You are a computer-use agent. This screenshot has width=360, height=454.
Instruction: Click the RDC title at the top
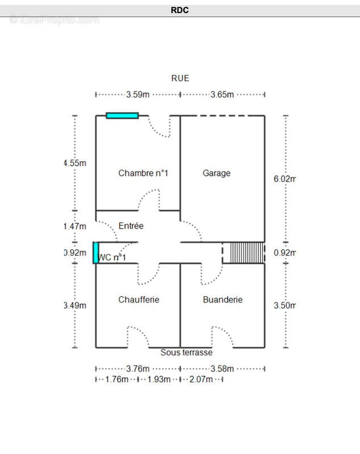tap(179, 10)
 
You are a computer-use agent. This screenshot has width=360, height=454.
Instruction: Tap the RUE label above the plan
tap(180, 78)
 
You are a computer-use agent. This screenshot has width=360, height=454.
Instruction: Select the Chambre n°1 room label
tap(143, 173)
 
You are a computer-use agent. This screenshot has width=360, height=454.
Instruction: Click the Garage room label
tap(217, 173)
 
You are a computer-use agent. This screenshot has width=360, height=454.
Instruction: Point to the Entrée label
tap(131, 226)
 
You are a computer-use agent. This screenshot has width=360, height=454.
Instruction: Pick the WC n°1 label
tap(112, 258)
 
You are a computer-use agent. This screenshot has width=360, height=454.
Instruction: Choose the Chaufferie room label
tap(139, 299)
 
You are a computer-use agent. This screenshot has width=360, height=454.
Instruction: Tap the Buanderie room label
tap(223, 299)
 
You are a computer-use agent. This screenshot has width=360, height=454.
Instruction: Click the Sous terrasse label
tap(186, 352)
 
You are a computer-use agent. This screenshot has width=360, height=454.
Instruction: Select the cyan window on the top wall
tap(122, 116)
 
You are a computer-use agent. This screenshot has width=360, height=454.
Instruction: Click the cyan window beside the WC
tap(96, 253)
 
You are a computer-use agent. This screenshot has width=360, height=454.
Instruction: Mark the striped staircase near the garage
tap(244, 253)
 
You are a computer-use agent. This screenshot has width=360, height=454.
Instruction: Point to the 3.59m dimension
tap(138, 95)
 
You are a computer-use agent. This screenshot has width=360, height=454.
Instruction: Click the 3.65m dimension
tap(222, 95)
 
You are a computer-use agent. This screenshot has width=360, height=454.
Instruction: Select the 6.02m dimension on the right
tap(284, 179)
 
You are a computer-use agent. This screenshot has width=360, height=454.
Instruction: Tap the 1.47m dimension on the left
tap(75, 226)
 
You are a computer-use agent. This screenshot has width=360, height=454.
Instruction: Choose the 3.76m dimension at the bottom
tap(138, 368)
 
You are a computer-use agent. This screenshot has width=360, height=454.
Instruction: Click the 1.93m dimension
tap(159, 380)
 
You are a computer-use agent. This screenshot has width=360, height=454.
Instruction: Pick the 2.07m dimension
tap(201, 380)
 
